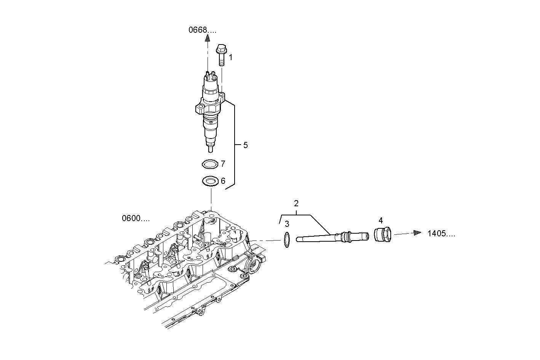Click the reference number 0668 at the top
point(202,30)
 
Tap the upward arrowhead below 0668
point(208,38)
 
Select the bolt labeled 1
point(221,55)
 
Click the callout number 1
point(230,57)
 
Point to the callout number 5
point(245,145)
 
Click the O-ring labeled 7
point(209,164)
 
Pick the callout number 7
point(223,164)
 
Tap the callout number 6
point(223,181)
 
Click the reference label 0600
point(136,218)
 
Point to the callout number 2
point(296,203)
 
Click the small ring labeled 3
point(288,240)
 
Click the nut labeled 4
point(382,234)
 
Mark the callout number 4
point(380,220)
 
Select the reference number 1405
point(441,233)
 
